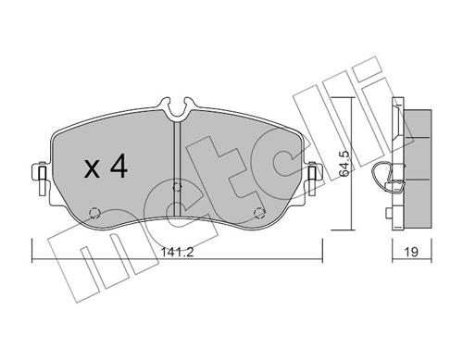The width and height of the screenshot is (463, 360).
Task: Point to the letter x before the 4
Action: point(92,170)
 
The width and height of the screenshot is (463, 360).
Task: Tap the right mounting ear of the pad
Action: point(312,174)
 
